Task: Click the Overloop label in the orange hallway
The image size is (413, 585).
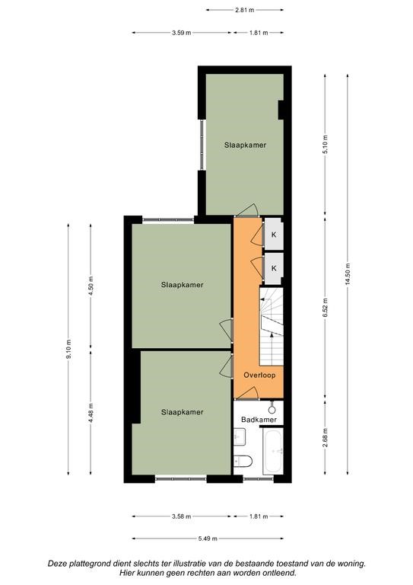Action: coord(259,375)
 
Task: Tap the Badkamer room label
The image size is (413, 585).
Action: coord(259,420)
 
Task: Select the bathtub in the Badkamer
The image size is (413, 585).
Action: coord(273,452)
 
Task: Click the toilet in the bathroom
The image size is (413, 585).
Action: coord(243,461)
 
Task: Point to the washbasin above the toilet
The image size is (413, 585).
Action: coord(240,436)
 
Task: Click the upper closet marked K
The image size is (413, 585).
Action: coord(274,235)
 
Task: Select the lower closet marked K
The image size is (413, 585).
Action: coord(274,268)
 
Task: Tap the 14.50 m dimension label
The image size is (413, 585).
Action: coord(348,274)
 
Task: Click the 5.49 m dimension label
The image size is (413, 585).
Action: coord(208,539)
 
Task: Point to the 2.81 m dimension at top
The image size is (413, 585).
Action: coord(245,10)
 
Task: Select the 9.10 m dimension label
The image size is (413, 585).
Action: coord(68,349)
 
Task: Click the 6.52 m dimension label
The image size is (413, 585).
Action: coord(325,308)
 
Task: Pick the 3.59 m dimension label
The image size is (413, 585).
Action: coord(181,33)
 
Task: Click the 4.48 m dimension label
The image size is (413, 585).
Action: coord(91,413)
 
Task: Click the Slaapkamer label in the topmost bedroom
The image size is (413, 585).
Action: coord(245,145)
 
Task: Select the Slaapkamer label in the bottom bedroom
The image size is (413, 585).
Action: coord(182,412)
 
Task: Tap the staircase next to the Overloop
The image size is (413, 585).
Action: coord(271,327)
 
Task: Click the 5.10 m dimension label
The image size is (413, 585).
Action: coord(325,145)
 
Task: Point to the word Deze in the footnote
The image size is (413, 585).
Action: coord(56,564)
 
